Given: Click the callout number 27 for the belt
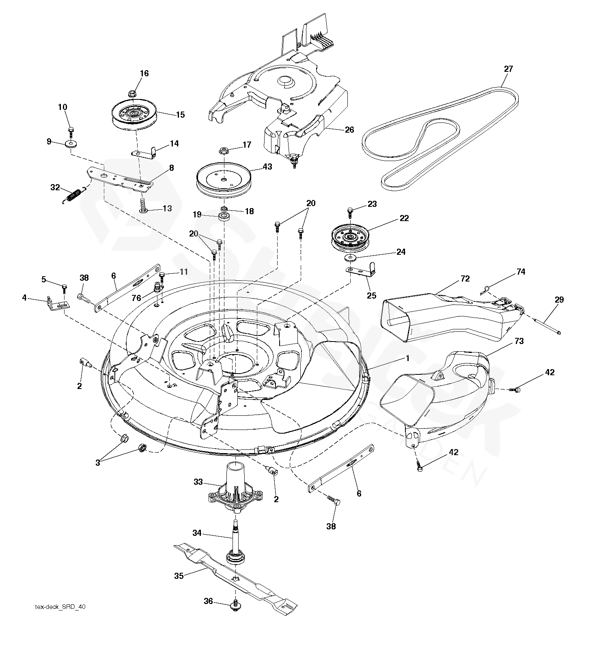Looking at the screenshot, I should [x=508, y=69].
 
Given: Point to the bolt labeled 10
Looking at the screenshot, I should [x=71, y=131].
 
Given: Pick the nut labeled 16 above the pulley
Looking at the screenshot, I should [x=131, y=94].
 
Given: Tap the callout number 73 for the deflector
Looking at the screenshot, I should [x=519, y=341].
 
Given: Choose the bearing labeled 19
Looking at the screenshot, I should [x=224, y=215].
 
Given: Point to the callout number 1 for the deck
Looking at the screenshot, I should [x=407, y=358].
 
